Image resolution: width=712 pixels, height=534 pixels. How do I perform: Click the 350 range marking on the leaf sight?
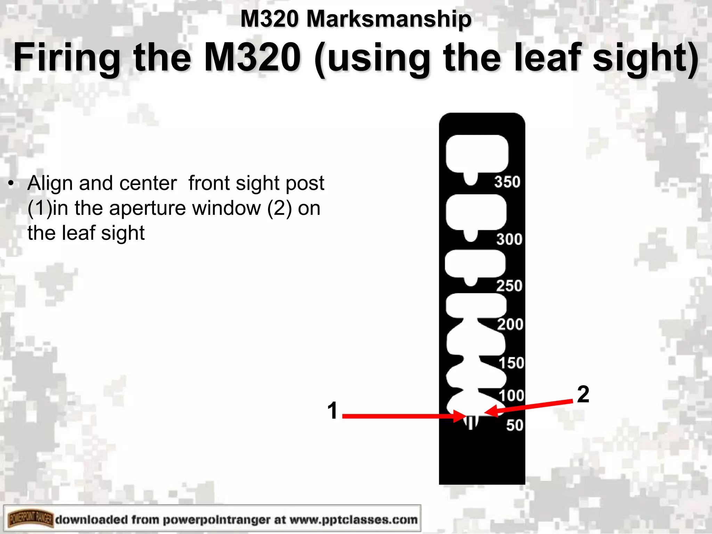pyautogui.click(x=507, y=182)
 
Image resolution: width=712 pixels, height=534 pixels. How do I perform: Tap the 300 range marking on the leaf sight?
pyautogui.click(x=509, y=239)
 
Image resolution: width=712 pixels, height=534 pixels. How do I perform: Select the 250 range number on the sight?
pyautogui.click(x=509, y=286)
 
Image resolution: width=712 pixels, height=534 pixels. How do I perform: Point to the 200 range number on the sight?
pyautogui.click(x=510, y=324)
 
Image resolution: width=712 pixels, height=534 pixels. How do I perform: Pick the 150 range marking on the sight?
pyautogui.click(x=511, y=363)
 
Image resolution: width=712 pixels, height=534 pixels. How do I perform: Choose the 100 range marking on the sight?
pyautogui.click(x=511, y=396)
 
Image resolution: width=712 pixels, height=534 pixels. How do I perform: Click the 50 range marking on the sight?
pyautogui.click(x=515, y=425)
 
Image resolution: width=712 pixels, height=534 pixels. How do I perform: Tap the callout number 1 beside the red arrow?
pyautogui.click(x=332, y=411)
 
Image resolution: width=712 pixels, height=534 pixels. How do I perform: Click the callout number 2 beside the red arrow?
pyautogui.click(x=583, y=394)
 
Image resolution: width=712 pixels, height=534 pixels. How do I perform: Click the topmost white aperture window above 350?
pyautogui.click(x=477, y=154)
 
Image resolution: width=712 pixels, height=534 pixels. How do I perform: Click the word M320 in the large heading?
pyautogui.click(x=252, y=57)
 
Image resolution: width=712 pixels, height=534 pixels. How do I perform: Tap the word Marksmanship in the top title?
pyautogui.click(x=389, y=19)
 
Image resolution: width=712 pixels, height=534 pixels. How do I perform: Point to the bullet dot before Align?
pyautogui.click(x=11, y=183)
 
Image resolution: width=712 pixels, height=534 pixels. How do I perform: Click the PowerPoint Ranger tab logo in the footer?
pyautogui.click(x=31, y=520)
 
